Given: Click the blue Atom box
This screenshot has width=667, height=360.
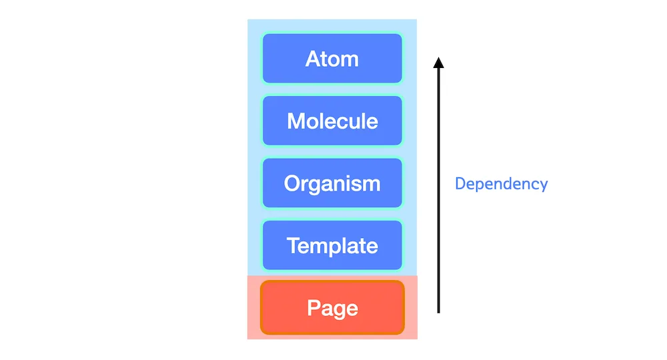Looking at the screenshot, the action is pos(332,58).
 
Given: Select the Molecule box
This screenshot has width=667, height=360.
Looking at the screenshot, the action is pos(332,121).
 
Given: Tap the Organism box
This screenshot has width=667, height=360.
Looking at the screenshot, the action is pos(332,183).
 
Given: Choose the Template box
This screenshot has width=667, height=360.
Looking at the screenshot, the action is pos(332,245).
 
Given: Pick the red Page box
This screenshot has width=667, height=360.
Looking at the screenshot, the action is pos(332,307).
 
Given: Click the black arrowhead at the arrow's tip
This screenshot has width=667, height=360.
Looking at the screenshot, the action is pos(439,63).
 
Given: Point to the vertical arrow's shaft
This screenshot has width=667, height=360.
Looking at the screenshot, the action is pos(439,191).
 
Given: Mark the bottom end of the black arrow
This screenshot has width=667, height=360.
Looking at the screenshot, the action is pos(439,313).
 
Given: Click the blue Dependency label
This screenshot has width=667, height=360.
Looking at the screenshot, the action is pos(501,184).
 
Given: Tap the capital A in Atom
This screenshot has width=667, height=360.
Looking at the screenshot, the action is pos(313,59).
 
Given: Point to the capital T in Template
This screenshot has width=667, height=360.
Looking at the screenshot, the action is pos(294,246).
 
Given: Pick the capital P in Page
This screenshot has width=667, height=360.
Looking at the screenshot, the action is pos(313,308).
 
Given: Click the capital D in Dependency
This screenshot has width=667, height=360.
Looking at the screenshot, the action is pos(461,183).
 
